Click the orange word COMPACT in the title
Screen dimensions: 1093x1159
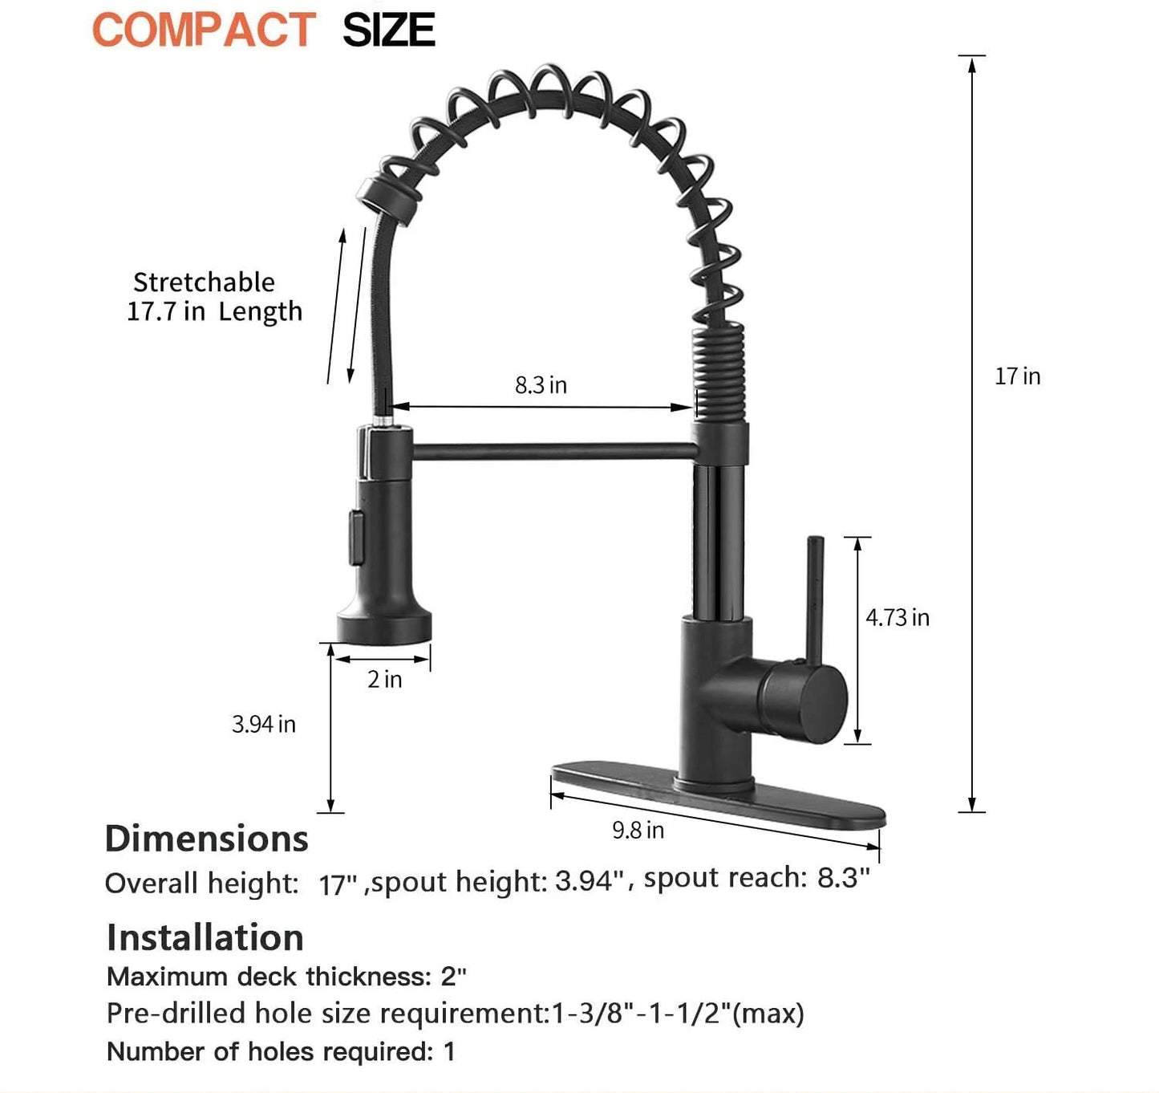pos(204,30)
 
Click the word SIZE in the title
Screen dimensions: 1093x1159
pos(389,30)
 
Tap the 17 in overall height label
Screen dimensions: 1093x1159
pos(1017,376)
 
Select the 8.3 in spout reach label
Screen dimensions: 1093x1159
pos(541,385)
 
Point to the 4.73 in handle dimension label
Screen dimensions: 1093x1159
pos(897,617)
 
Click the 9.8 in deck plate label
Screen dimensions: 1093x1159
pos(638,830)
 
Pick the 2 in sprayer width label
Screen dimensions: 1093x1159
pos(384,680)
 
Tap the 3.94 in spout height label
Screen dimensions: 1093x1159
pos(264,724)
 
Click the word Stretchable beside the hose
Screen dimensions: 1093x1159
pos(204,282)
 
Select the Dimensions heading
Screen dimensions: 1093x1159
pos(206,839)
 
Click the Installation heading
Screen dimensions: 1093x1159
pos(205,937)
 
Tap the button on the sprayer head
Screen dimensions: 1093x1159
pos(355,538)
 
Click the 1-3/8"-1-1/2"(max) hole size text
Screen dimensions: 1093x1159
pos(678,1014)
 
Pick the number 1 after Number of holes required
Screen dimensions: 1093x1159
pos(449,1051)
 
